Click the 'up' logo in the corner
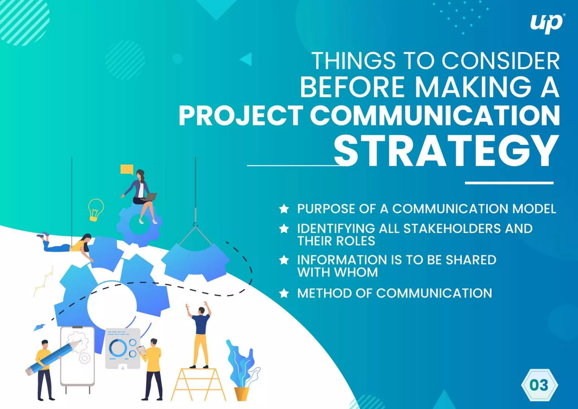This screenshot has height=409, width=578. (546, 24)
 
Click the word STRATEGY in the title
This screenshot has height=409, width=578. (446, 151)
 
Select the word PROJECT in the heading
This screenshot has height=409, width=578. (241, 116)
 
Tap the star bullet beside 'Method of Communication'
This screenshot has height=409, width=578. (284, 294)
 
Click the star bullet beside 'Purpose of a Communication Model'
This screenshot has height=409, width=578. (284, 209)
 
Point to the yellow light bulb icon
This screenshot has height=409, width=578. (95, 209)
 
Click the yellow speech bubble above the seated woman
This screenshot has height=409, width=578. (127, 169)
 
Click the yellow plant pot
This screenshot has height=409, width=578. (242, 393)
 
